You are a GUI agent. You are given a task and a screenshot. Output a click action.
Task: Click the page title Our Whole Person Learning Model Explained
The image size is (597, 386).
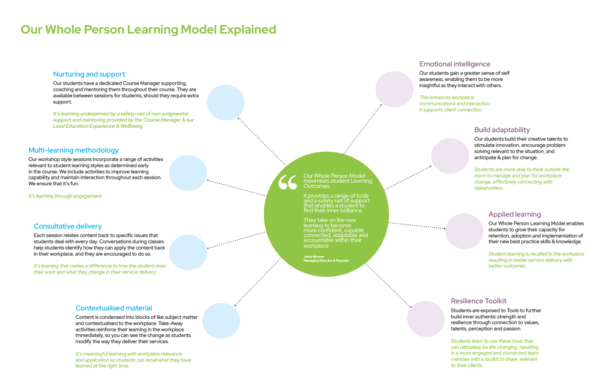(x=148, y=30)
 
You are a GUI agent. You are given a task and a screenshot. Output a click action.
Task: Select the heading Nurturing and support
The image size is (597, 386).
(x=89, y=74)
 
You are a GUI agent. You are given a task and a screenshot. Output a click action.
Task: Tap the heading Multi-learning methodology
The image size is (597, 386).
(x=73, y=150)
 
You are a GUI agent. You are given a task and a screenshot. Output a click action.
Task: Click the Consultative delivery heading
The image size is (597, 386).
(x=68, y=226)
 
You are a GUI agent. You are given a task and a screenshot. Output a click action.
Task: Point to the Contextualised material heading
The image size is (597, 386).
(x=114, y=308)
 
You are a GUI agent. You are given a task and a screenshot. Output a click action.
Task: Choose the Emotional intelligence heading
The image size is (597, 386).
(x=455, y=64)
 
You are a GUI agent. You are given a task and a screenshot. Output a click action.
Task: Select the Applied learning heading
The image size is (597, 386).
(x=514, y=214)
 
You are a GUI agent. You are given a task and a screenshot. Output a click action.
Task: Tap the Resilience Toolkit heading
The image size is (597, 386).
(x=479, y=301)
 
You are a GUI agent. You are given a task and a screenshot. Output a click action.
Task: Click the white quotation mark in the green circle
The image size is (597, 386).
(x=288, y=182)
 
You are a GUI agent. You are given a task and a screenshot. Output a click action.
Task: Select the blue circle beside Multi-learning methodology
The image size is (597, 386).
(x=188, y=173)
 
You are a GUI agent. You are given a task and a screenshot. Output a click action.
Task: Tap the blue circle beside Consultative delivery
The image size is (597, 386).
(x=188, y=252)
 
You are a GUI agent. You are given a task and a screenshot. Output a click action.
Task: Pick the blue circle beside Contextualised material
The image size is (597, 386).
(x=221, y=321)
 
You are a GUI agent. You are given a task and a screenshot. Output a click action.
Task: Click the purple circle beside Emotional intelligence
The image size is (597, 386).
(x=394, y=89)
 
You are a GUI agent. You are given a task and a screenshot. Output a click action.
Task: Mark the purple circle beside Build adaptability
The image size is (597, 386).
(x=450, y=156)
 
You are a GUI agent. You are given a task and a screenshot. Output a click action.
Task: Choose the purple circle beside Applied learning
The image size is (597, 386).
(x=464, y=231)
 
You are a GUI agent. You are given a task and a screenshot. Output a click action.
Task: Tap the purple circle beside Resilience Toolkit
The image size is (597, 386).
(x=425, y=319)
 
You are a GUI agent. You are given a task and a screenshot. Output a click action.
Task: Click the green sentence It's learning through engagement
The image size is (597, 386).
(x=65, y=196)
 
